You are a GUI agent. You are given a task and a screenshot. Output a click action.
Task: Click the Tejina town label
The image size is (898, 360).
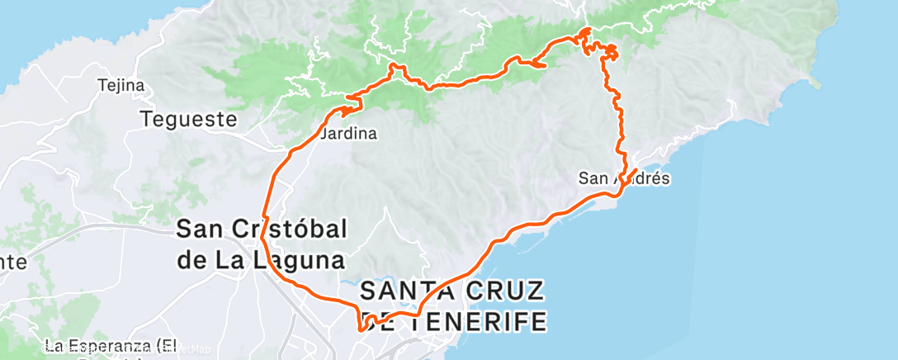pyautogui.click(x=121, y=85)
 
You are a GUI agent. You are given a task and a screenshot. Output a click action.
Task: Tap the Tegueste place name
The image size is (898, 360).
pyautogui.click(x=188, y=120)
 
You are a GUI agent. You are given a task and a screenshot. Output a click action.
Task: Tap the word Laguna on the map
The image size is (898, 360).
pyautogui.click(x=293, y=260)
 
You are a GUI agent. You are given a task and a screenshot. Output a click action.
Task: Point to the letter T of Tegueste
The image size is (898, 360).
pyautogui.click(x=147, y=120)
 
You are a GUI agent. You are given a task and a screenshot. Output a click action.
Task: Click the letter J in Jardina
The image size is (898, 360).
pyautogui.click(x=323, y=133)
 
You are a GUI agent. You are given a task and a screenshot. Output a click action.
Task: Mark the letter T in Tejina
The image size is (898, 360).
pyautogui.click(x=102, y=85)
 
